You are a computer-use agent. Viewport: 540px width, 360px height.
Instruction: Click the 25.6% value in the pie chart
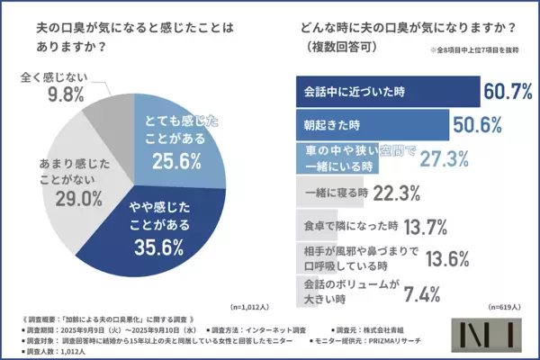[x=182, y=162]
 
